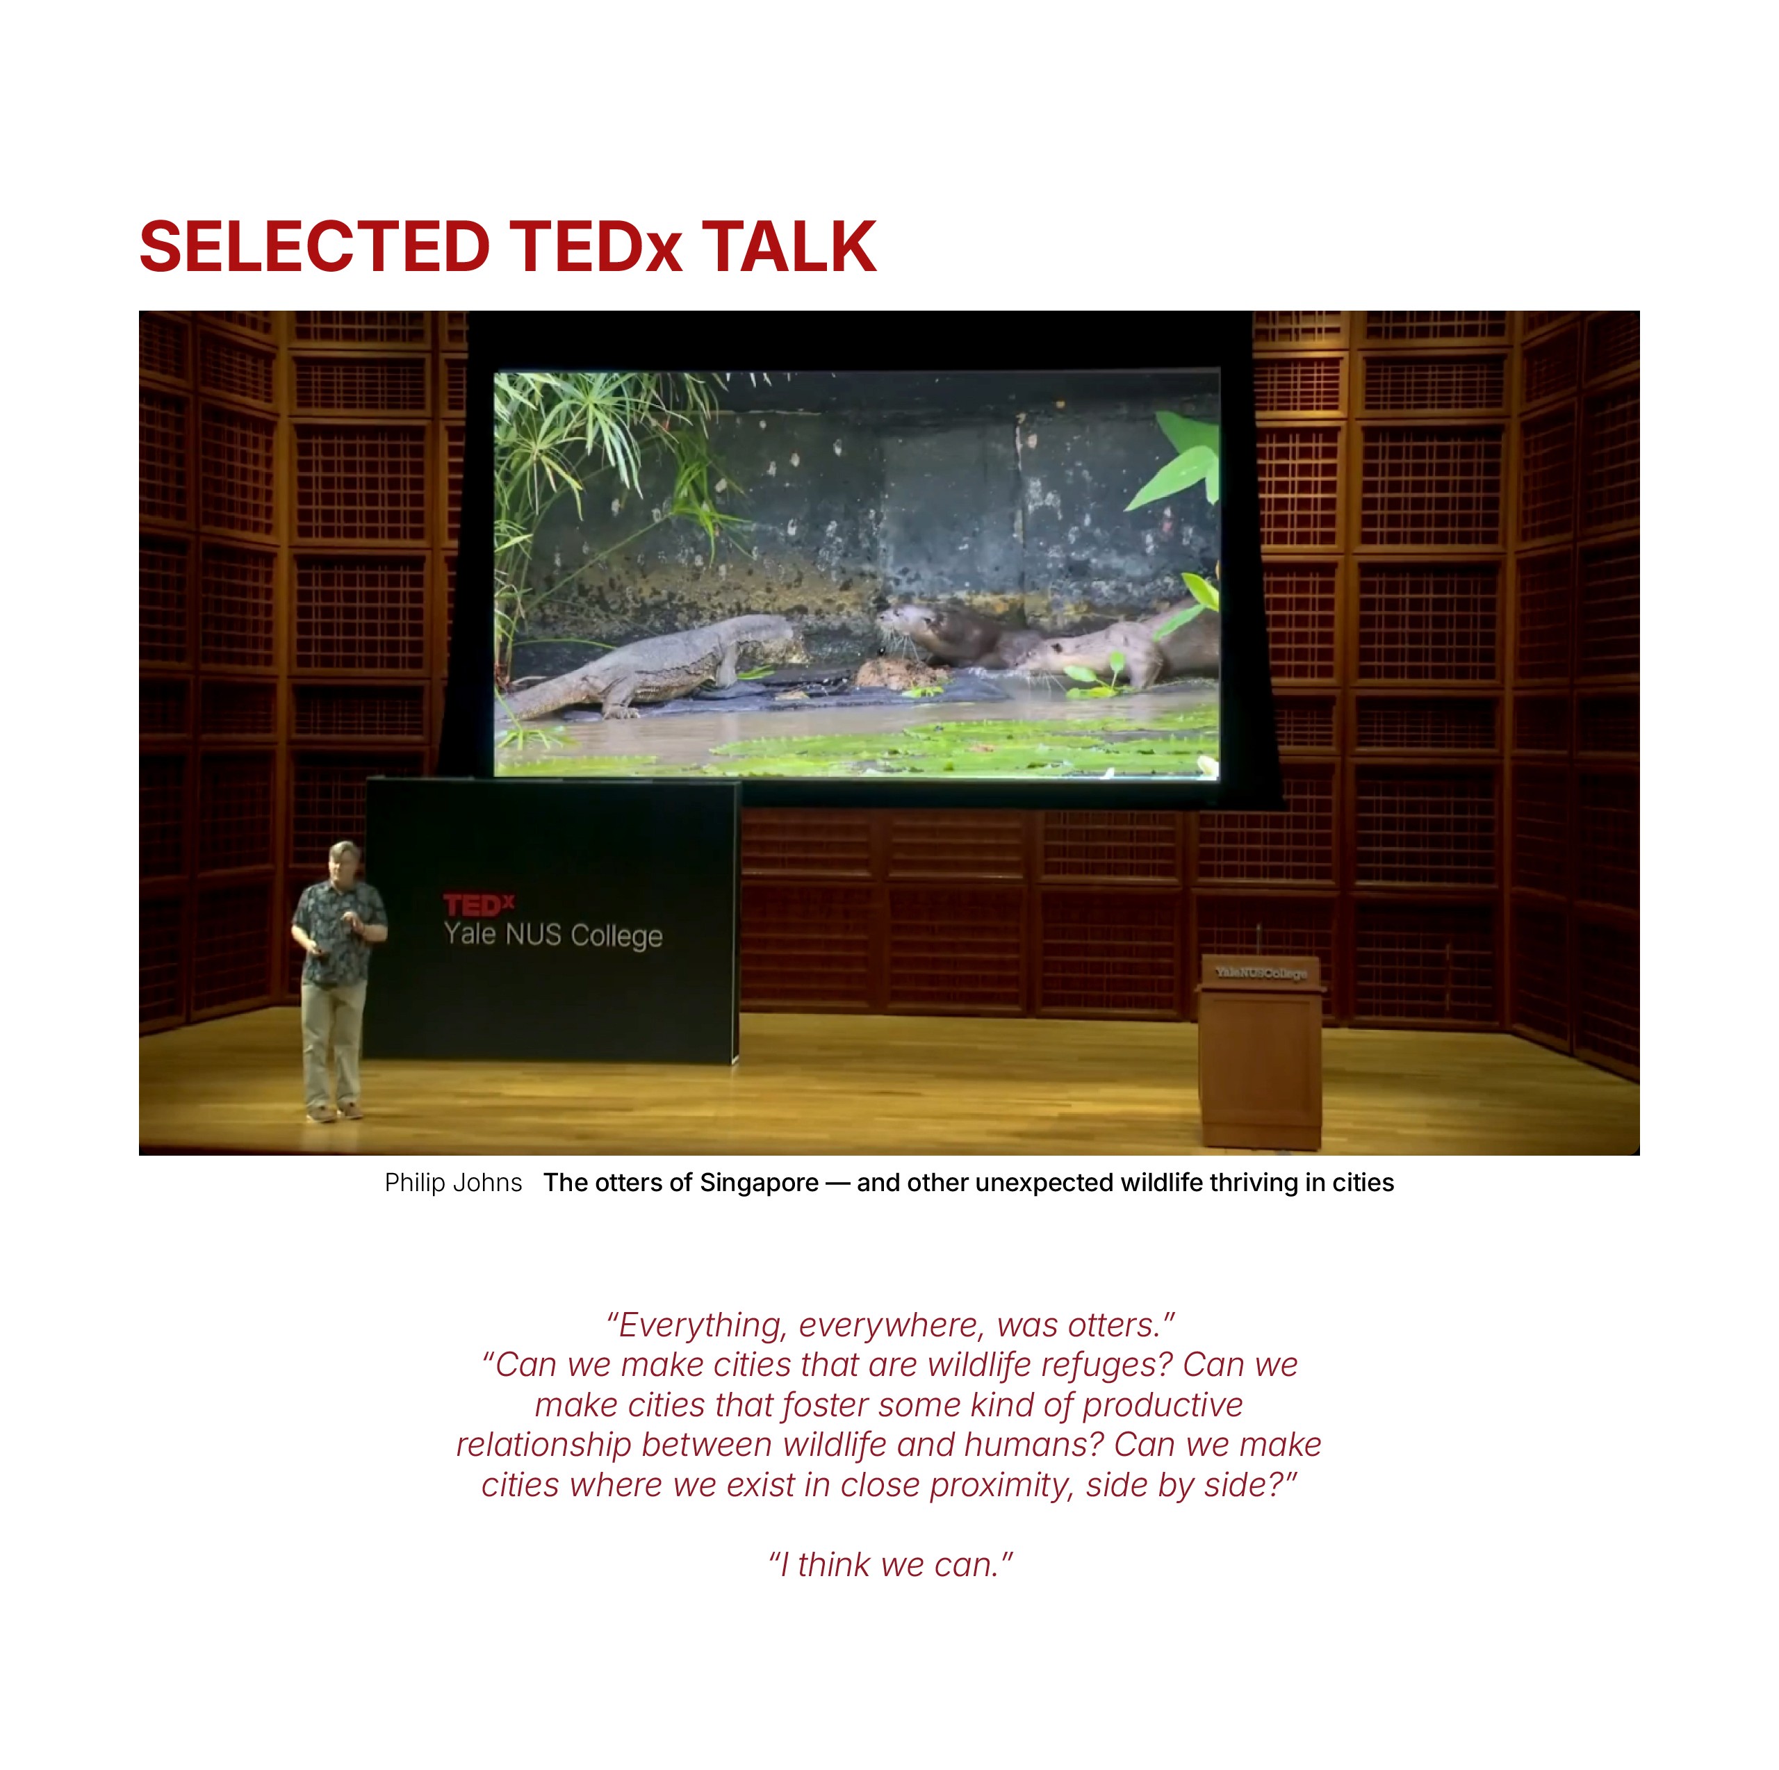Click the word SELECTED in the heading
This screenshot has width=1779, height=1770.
314,247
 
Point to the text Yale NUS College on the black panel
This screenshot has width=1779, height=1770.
552,935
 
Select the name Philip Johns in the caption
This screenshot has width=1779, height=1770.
453,1183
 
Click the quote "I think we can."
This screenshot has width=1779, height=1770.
890,1564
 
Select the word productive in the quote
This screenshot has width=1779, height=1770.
1162,1405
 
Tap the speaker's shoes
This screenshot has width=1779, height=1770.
334,1111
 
